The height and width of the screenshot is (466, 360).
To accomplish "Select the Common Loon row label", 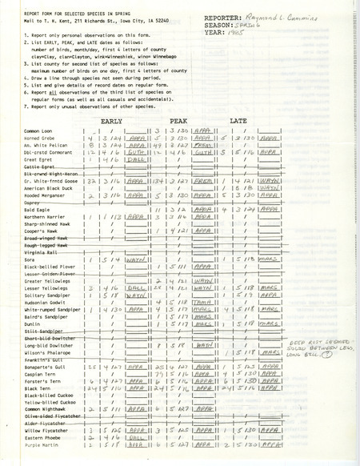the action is click(x=38, y=129).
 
